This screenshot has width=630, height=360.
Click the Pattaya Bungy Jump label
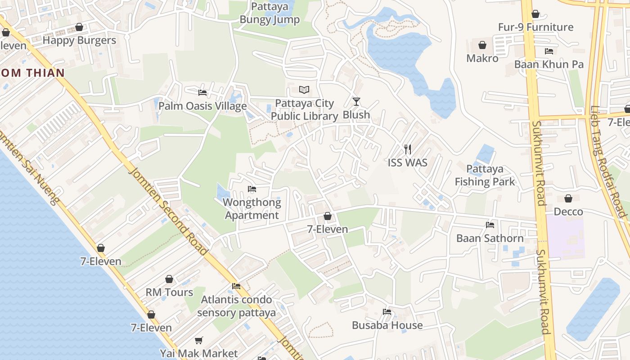[270, 13]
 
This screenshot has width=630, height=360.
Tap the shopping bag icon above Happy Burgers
[79, 27]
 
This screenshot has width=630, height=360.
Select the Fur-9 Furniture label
[535, 27]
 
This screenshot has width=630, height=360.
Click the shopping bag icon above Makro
[482, 45]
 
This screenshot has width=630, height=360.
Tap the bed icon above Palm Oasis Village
[202, 93]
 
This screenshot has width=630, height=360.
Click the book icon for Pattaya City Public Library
[304, 90]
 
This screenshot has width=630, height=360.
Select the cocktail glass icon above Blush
[356, 102]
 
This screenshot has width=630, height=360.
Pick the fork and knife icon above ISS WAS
[408, 149]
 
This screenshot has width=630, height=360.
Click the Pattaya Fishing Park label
[485, 175]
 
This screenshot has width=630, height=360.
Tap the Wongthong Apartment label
[252, 209]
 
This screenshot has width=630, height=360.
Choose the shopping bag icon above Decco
[568, 198]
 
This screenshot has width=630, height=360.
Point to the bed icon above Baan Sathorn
[490, 225]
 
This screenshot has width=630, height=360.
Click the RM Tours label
[169, 292]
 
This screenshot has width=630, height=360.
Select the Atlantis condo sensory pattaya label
[236, 306]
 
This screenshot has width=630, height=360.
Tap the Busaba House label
[387, 325]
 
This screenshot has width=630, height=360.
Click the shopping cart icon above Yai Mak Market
[199, 341]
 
